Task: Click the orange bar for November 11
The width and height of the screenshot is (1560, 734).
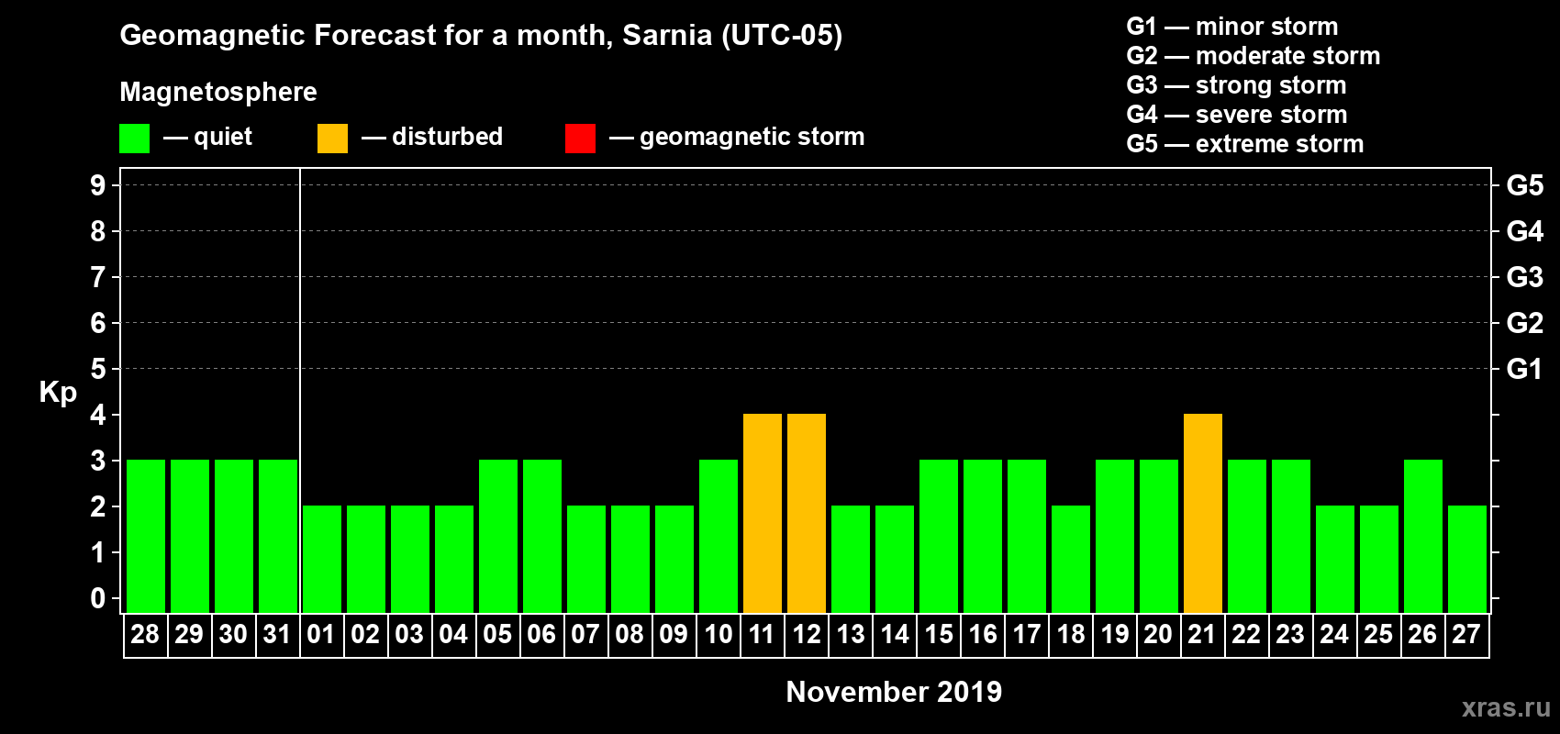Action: (x=763, y=513)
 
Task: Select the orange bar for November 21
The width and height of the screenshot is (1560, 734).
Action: (x=1203, y=513)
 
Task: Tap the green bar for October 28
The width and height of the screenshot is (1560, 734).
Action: (x=146, y=536)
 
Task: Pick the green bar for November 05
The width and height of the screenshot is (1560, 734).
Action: (x=498, y=536)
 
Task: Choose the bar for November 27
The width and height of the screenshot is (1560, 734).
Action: (x=1467, y=559)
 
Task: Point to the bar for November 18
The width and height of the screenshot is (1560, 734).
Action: (x=1071, y=559)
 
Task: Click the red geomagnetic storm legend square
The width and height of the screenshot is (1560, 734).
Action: (x=580, y=139)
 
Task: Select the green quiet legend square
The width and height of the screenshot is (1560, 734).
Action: (x=135, y=139)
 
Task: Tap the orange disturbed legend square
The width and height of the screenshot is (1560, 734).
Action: (x=332, y=139)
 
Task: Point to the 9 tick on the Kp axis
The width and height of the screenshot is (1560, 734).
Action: (x=98, y=185)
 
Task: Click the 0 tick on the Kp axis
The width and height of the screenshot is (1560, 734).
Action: (x=98, y=598)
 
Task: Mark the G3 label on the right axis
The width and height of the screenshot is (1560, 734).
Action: (x=1524, y=277)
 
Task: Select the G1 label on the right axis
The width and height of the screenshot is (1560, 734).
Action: (x=1524, y=369)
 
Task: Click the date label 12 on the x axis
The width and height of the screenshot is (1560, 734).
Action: (x=807, y=635)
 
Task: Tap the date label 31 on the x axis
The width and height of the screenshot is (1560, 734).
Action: (x=277, y=635)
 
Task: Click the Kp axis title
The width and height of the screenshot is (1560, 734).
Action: (x=58, y=392)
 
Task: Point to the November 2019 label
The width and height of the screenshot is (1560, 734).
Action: (x=894, y=692)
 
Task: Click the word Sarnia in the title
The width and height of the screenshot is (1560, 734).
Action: (x=667, y=35)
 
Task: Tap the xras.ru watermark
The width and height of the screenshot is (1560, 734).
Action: (x=1506, y=707)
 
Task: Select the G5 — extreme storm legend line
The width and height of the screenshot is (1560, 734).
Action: (x=1244, y=144)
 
